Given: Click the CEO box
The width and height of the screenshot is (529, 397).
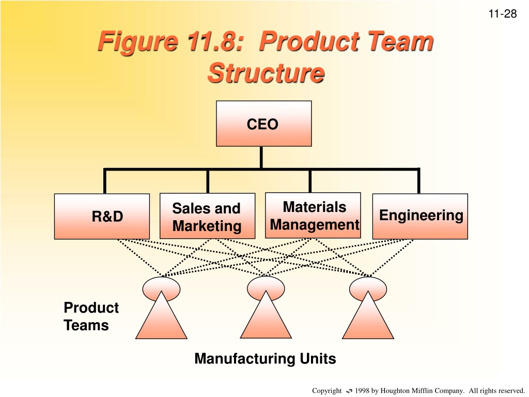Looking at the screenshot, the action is tap(264, 124).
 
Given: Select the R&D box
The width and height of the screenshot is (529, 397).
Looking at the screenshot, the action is tap(102, 217).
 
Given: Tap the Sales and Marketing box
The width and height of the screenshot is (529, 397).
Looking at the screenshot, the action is tap(208, 216).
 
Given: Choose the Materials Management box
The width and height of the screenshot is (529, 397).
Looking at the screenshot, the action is tap(313, 216).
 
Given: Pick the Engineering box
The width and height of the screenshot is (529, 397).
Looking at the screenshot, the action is tap(420, 217).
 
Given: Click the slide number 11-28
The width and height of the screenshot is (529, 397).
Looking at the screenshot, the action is tap(502, 14).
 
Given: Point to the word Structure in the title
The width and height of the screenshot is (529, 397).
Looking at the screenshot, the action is tap(266, 73).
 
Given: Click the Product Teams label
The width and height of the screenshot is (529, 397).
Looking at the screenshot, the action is tap(91, 316).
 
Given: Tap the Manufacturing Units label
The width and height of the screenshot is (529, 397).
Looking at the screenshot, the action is tap(265, 359).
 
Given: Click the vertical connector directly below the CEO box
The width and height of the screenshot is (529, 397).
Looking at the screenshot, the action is tap(261, 157).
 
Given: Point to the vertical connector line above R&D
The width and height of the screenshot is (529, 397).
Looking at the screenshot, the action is tap(105, 181).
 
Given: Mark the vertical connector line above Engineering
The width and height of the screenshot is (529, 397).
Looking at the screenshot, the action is tap(418, 181).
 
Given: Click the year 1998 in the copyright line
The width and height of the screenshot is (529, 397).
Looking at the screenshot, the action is tap(362, 391).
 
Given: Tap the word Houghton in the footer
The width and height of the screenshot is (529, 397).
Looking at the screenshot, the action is tap(395, 391).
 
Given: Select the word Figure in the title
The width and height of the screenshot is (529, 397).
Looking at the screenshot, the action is tap(137, 41).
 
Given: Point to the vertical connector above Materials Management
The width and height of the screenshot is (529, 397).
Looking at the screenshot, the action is tap(310, 180).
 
